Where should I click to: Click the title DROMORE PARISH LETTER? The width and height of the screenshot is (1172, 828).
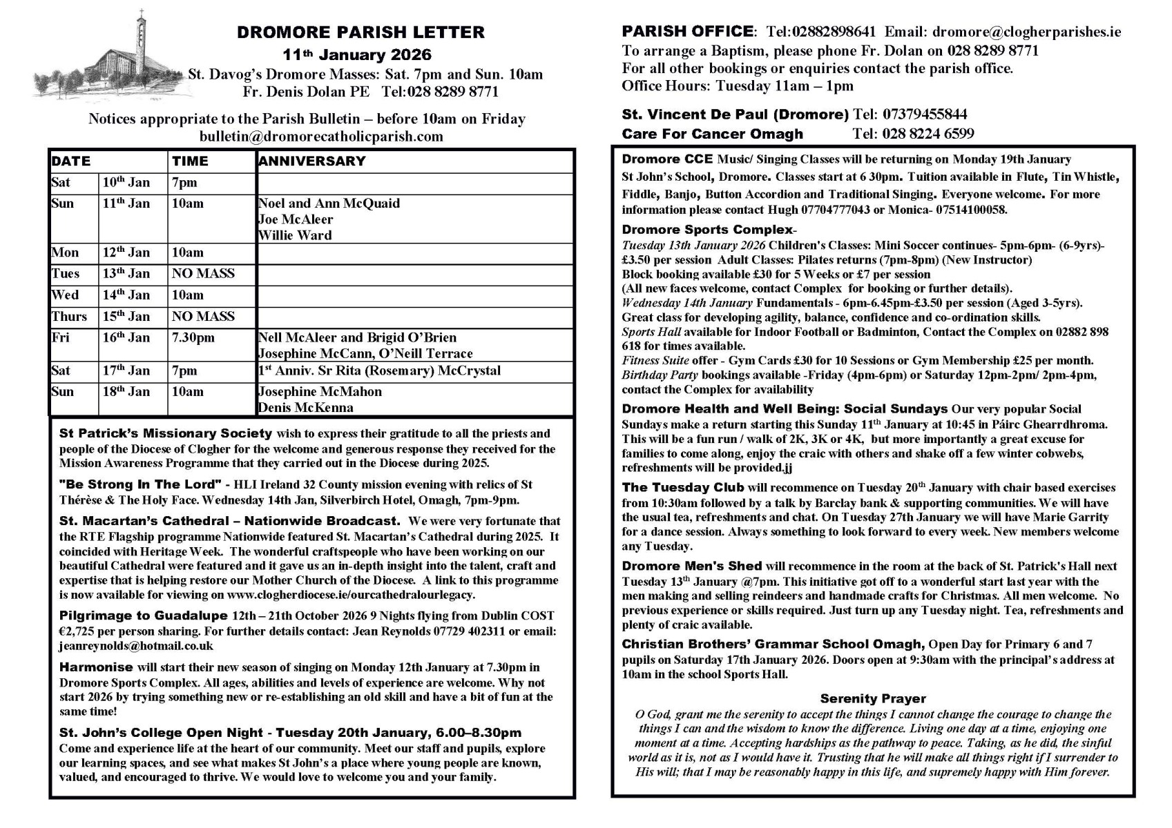coord(361,32)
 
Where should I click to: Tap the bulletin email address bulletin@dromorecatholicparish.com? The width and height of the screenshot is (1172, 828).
coord(321,137)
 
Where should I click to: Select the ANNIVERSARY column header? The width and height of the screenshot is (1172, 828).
coord(311,161)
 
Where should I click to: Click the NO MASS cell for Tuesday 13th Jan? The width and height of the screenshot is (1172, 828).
coord(203,274)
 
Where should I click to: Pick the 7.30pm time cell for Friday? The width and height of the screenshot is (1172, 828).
coord(193,338)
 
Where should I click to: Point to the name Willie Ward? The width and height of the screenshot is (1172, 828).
coord(295,235)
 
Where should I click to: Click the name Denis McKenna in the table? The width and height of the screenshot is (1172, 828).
coord(305,408)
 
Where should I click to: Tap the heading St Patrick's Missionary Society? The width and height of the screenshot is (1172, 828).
coord(166,434)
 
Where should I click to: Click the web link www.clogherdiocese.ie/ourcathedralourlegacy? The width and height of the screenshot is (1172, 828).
coord(351,595)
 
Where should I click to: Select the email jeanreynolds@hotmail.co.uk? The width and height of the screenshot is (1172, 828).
coord(136,647)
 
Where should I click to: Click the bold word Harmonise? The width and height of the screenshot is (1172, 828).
coord(96,667)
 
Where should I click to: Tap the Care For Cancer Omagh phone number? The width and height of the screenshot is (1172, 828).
coord(913,134)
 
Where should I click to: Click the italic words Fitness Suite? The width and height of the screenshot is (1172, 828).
coord(655,361)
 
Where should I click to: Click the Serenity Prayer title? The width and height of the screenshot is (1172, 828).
coord(873,699)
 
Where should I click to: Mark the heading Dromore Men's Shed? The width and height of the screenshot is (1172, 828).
coord(691,566)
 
